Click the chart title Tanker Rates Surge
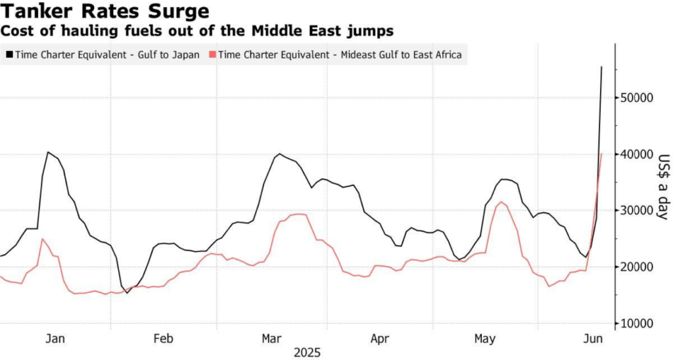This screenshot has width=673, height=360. (x=105, y=12)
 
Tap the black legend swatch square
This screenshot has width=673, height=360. (x=9, y=55)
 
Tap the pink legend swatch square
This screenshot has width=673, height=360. (x=212, y=55)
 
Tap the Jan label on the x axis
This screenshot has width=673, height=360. (x=55, y=338)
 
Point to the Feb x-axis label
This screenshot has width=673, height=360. (x=163, y=338)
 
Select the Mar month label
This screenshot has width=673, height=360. (x=271, y=338)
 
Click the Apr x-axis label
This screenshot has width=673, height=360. (x=379, y=338)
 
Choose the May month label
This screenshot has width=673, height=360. (x=485, y=338)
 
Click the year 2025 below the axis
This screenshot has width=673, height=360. (x=307, y=353)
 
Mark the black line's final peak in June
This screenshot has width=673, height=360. (x=601, y=67)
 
